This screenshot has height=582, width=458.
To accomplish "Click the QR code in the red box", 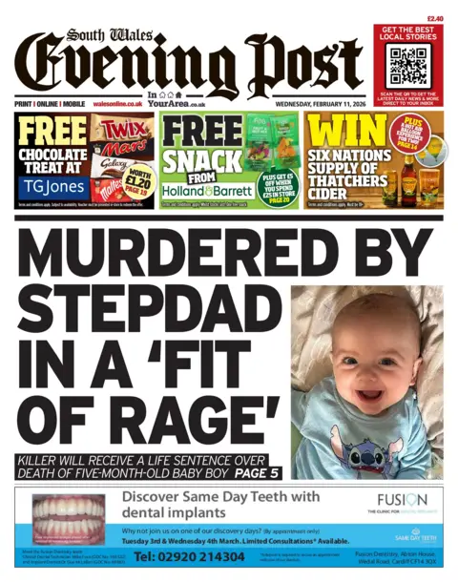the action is click(408, 67).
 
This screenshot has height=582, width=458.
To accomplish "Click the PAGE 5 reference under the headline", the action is click(255, 471).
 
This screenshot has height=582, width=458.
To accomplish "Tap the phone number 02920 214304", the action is click(202, 556).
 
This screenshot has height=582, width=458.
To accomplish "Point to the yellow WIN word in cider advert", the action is click(337, 131).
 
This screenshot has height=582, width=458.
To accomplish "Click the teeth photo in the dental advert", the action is click(69, 519).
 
